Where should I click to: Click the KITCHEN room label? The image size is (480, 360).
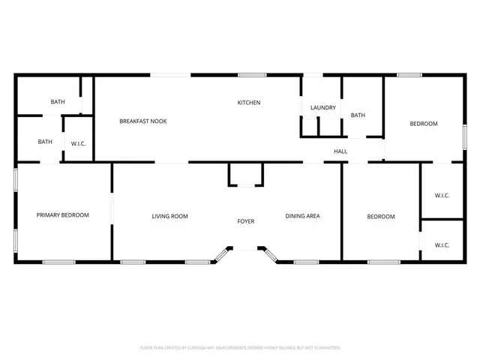(x=249, y=103)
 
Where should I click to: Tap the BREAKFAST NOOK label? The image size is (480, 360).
(x=143, y=121)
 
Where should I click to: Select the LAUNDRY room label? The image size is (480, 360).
(x=323, y=108)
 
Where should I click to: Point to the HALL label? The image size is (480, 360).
(x=340, y=151)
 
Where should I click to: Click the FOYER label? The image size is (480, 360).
(x=246, y=221)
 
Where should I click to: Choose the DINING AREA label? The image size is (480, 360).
(x=303, y=216)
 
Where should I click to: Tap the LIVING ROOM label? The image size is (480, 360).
(x=170, y=216)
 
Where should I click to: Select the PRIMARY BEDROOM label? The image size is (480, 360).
(x=63, y=215)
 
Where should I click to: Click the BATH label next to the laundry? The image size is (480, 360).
(x=358, y=115)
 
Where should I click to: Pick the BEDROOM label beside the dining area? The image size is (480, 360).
(x=380, y=217)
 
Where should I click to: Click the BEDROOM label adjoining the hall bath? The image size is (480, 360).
(x=423, y=124)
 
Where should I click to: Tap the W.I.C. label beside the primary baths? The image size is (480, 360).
(x=78, y=143)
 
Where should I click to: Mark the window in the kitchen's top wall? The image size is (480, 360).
(x=253, y=74)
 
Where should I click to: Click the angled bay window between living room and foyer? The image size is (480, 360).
(x=221, y=256)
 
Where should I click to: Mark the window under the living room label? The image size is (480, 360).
(x=197, y=262)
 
